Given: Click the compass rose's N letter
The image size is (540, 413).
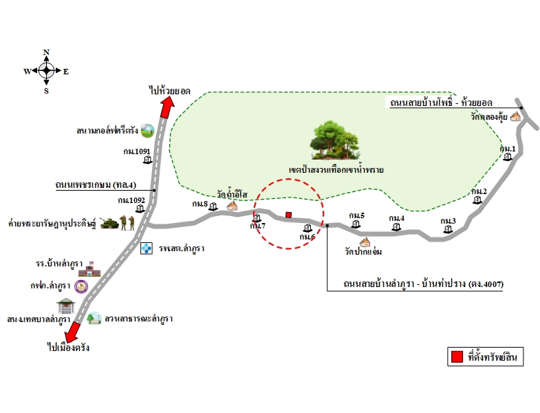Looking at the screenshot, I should tap(47, 52).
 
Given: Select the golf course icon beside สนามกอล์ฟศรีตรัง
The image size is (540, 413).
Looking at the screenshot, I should tap(147, 129).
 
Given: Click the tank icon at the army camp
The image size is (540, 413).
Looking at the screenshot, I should tap(109, 223).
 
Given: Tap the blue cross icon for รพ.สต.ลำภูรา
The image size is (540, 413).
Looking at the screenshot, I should tap(147, 248).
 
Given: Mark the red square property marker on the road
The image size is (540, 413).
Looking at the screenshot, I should tap(289, 214).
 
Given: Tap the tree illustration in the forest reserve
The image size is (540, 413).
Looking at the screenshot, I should tap(336, 140).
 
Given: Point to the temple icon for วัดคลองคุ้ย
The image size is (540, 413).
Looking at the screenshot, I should tap(515, 116).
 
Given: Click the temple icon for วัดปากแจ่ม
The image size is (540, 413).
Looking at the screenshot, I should tap(365, 243).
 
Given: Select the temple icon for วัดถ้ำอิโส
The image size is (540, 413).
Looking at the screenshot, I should tap(233, 205).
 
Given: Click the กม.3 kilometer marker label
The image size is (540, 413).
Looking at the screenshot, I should tap(449, 220).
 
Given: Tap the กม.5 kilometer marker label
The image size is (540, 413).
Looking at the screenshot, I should tap(356, 215).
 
